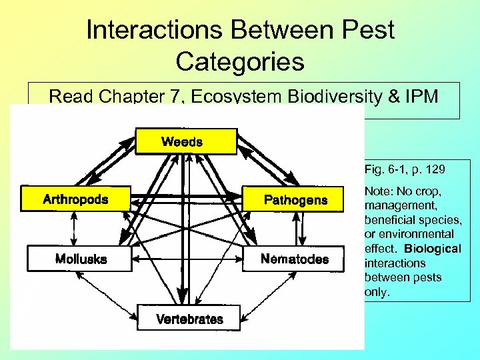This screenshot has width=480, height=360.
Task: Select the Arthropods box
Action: coord(75,199)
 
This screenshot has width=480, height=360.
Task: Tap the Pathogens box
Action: coord(295,199)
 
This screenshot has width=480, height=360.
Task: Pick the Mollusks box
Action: coord(81,259)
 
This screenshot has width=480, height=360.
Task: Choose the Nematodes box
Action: coord(295,259)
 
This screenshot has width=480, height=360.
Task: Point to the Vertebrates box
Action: coord(189,319)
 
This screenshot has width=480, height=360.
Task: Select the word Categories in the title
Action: coord(240,61)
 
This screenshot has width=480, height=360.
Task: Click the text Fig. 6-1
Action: coord(385,170)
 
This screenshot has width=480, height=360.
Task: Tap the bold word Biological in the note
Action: coord(436,249)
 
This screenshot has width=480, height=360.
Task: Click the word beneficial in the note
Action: coord(389,220)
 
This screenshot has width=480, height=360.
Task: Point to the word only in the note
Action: coord(375,291)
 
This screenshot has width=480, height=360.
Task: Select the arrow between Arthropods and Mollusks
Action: coord(75,229)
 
